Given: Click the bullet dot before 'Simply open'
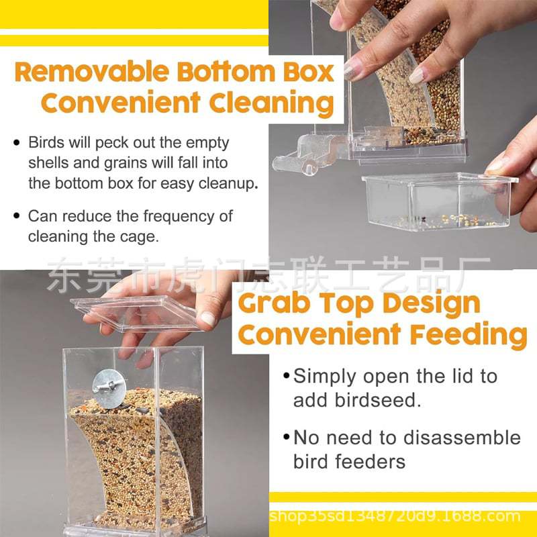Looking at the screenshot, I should [287, 376].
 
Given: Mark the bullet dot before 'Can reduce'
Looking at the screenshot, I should [17, 216].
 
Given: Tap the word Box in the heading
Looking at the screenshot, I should [309, 72].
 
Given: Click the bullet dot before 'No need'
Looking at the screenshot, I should [287, 438].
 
